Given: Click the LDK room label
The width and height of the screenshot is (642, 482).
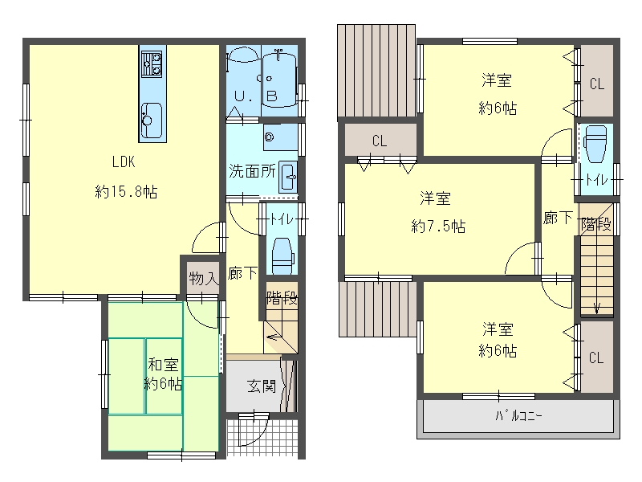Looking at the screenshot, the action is [124, 162].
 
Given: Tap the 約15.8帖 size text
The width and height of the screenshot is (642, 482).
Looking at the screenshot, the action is [126, 192].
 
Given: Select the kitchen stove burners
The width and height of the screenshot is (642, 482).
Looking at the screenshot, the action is [152, 64].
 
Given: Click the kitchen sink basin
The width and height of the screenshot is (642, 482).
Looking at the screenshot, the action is [152, 120].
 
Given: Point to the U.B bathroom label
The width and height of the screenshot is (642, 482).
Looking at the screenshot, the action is [255, 96].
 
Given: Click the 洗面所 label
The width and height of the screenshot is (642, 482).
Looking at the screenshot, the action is [252, 171].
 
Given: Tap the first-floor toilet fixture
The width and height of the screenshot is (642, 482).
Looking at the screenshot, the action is [282, 256].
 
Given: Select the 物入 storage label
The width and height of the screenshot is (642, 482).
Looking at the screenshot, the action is [204, 279].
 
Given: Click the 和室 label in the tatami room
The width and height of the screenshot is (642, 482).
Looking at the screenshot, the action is [163, 365].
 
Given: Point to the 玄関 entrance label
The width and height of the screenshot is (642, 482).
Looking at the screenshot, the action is [262, 386].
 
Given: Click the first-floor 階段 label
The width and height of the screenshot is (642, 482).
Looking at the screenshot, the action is [282, 298].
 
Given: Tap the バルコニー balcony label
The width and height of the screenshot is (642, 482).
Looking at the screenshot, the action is [518, 416].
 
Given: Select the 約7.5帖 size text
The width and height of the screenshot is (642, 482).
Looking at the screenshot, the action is [438, 226].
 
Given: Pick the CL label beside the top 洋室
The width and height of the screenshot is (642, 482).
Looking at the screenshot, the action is [597, 84].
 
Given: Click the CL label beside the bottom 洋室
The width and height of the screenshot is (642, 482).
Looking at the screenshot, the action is [596, 357].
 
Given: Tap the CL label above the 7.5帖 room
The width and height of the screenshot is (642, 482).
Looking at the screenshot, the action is [380, 141].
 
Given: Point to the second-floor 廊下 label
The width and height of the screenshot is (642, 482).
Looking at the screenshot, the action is [557, 217].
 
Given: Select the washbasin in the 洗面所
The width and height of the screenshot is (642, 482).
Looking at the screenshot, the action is [289, 177].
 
